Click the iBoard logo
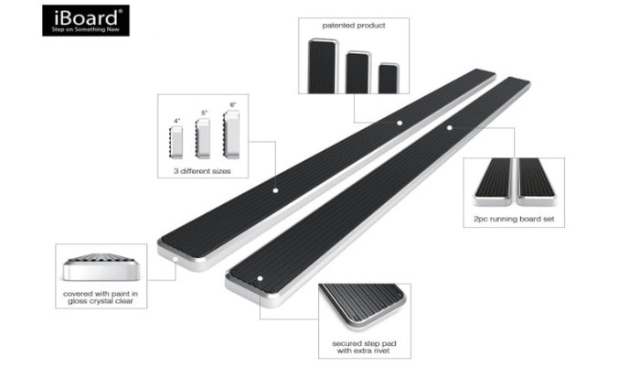click(x=84, y=19)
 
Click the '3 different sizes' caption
click(x=203, y=171)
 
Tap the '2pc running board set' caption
click(x=514, y=221)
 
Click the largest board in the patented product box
click(x=324, y=66)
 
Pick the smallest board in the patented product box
click(x=389, y=78)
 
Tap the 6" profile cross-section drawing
click(x=231, y=133)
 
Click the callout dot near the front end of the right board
click(x=260, y=277)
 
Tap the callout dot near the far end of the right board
click(x=449, y=129)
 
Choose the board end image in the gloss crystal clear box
click(x=100, y=264)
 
